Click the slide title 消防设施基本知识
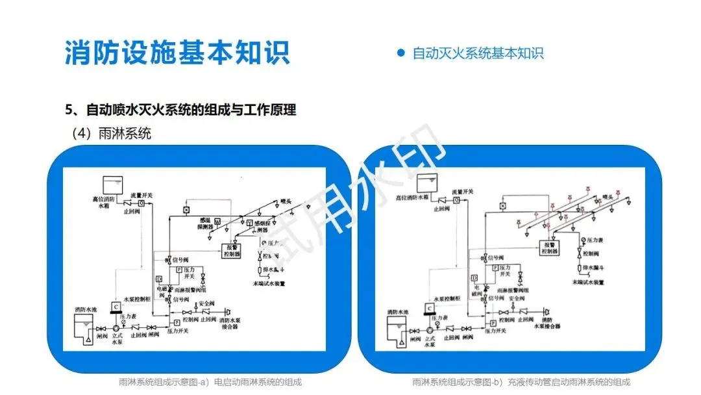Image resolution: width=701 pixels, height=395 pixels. (177, 53)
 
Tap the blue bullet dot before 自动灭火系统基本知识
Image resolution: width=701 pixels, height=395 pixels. (400, 53)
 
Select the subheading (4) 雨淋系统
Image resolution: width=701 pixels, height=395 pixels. (111, 134)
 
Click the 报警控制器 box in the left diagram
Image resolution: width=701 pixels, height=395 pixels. (232, 251)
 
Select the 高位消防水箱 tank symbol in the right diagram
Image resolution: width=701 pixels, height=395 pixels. (428, 182)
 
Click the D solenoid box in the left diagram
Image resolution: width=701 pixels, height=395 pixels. (158, 279)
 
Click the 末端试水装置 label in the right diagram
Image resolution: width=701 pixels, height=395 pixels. (589, 283)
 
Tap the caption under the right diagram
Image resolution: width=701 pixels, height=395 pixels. (521, 382)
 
